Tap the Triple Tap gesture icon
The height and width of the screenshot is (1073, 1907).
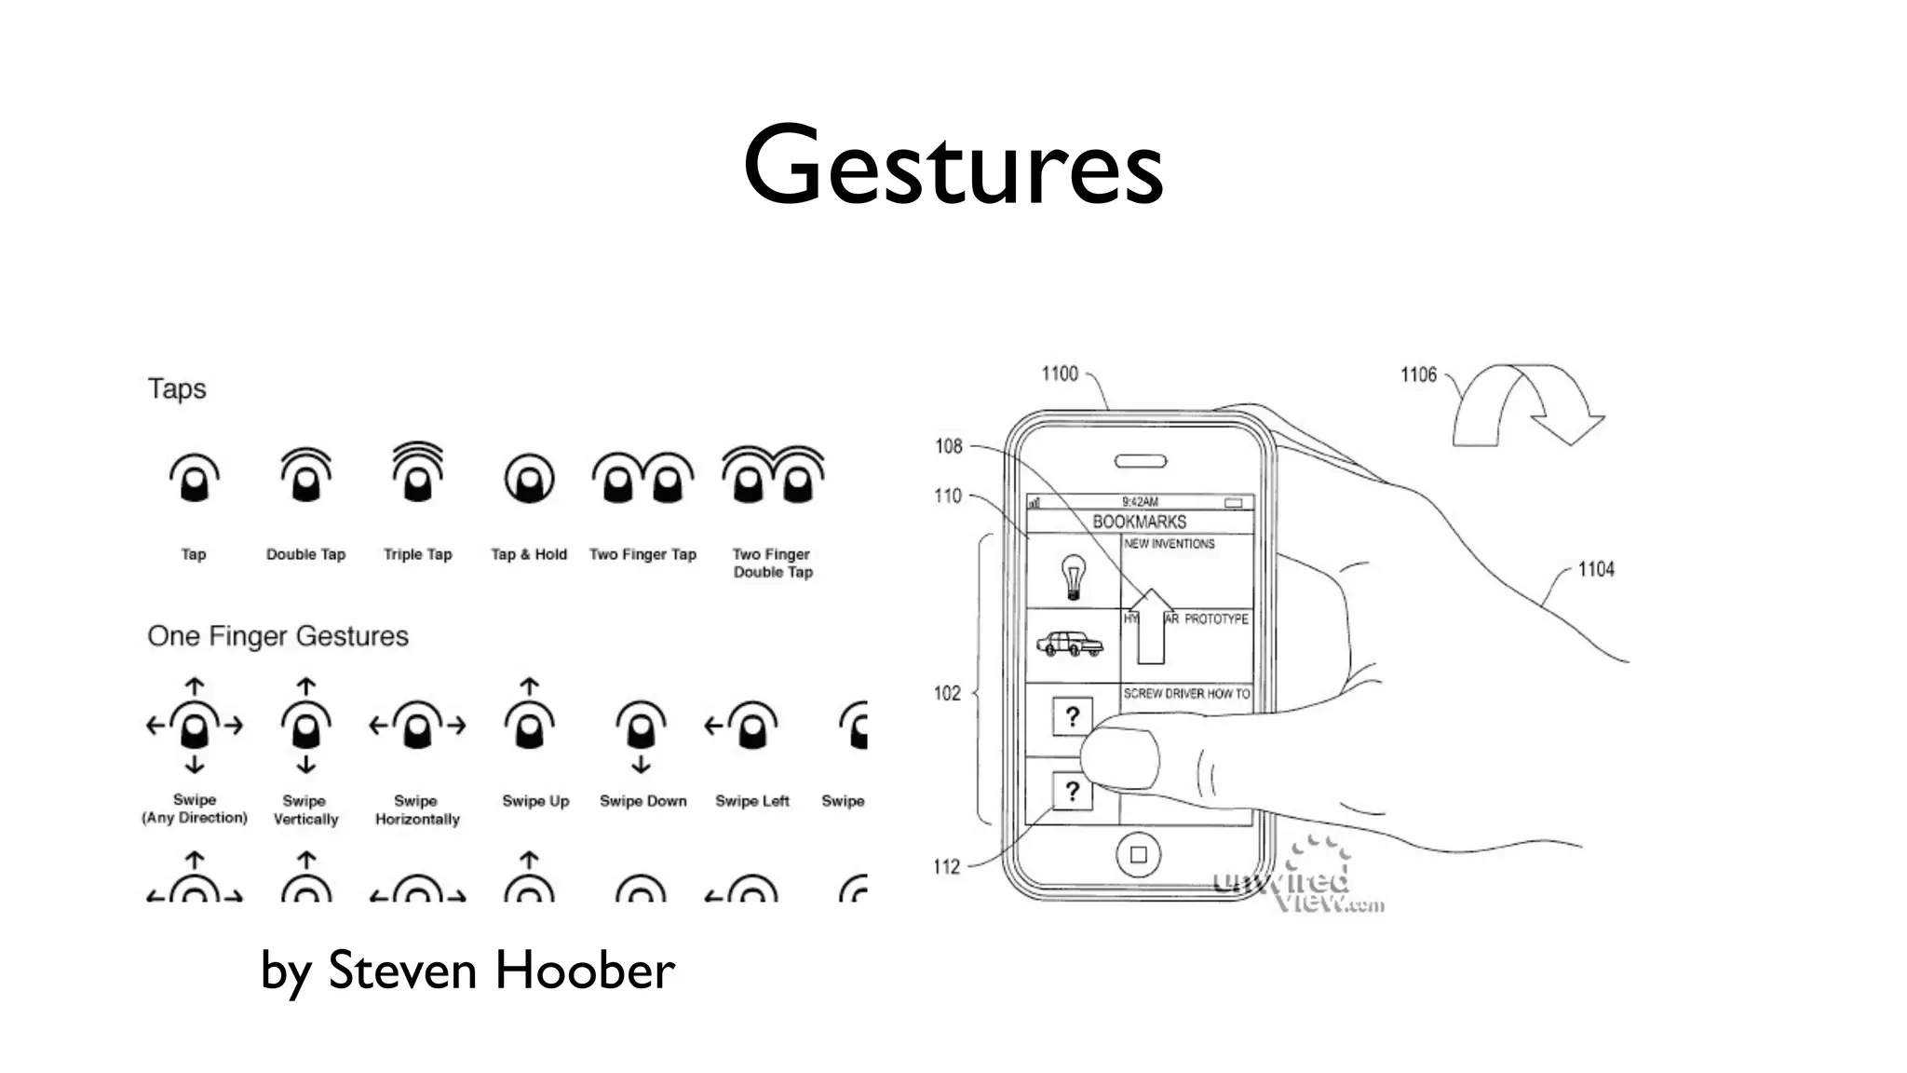(417, 473)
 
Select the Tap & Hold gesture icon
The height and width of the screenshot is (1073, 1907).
(529, 479)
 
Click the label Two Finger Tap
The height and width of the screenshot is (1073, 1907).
(642, 554)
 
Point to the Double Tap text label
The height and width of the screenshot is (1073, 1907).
(305, 554)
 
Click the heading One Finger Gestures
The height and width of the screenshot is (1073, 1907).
(277, 636)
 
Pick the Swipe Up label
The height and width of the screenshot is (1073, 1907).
(535, 801)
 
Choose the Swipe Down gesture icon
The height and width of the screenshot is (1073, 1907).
(641, 732)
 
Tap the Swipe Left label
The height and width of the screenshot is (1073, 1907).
(751, 801)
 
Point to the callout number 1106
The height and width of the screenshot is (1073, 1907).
(1418, 374)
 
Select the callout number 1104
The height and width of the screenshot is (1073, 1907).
(1596, 569)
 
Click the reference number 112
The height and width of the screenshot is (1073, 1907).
(946, 867)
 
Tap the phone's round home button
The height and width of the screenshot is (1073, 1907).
(1138, 854)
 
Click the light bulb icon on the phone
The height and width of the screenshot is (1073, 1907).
(1073, 576)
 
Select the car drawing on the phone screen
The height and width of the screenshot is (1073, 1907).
(1070, 644)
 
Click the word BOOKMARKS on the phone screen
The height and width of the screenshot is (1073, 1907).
(1139, 522)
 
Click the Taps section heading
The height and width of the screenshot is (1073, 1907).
(177, 388)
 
